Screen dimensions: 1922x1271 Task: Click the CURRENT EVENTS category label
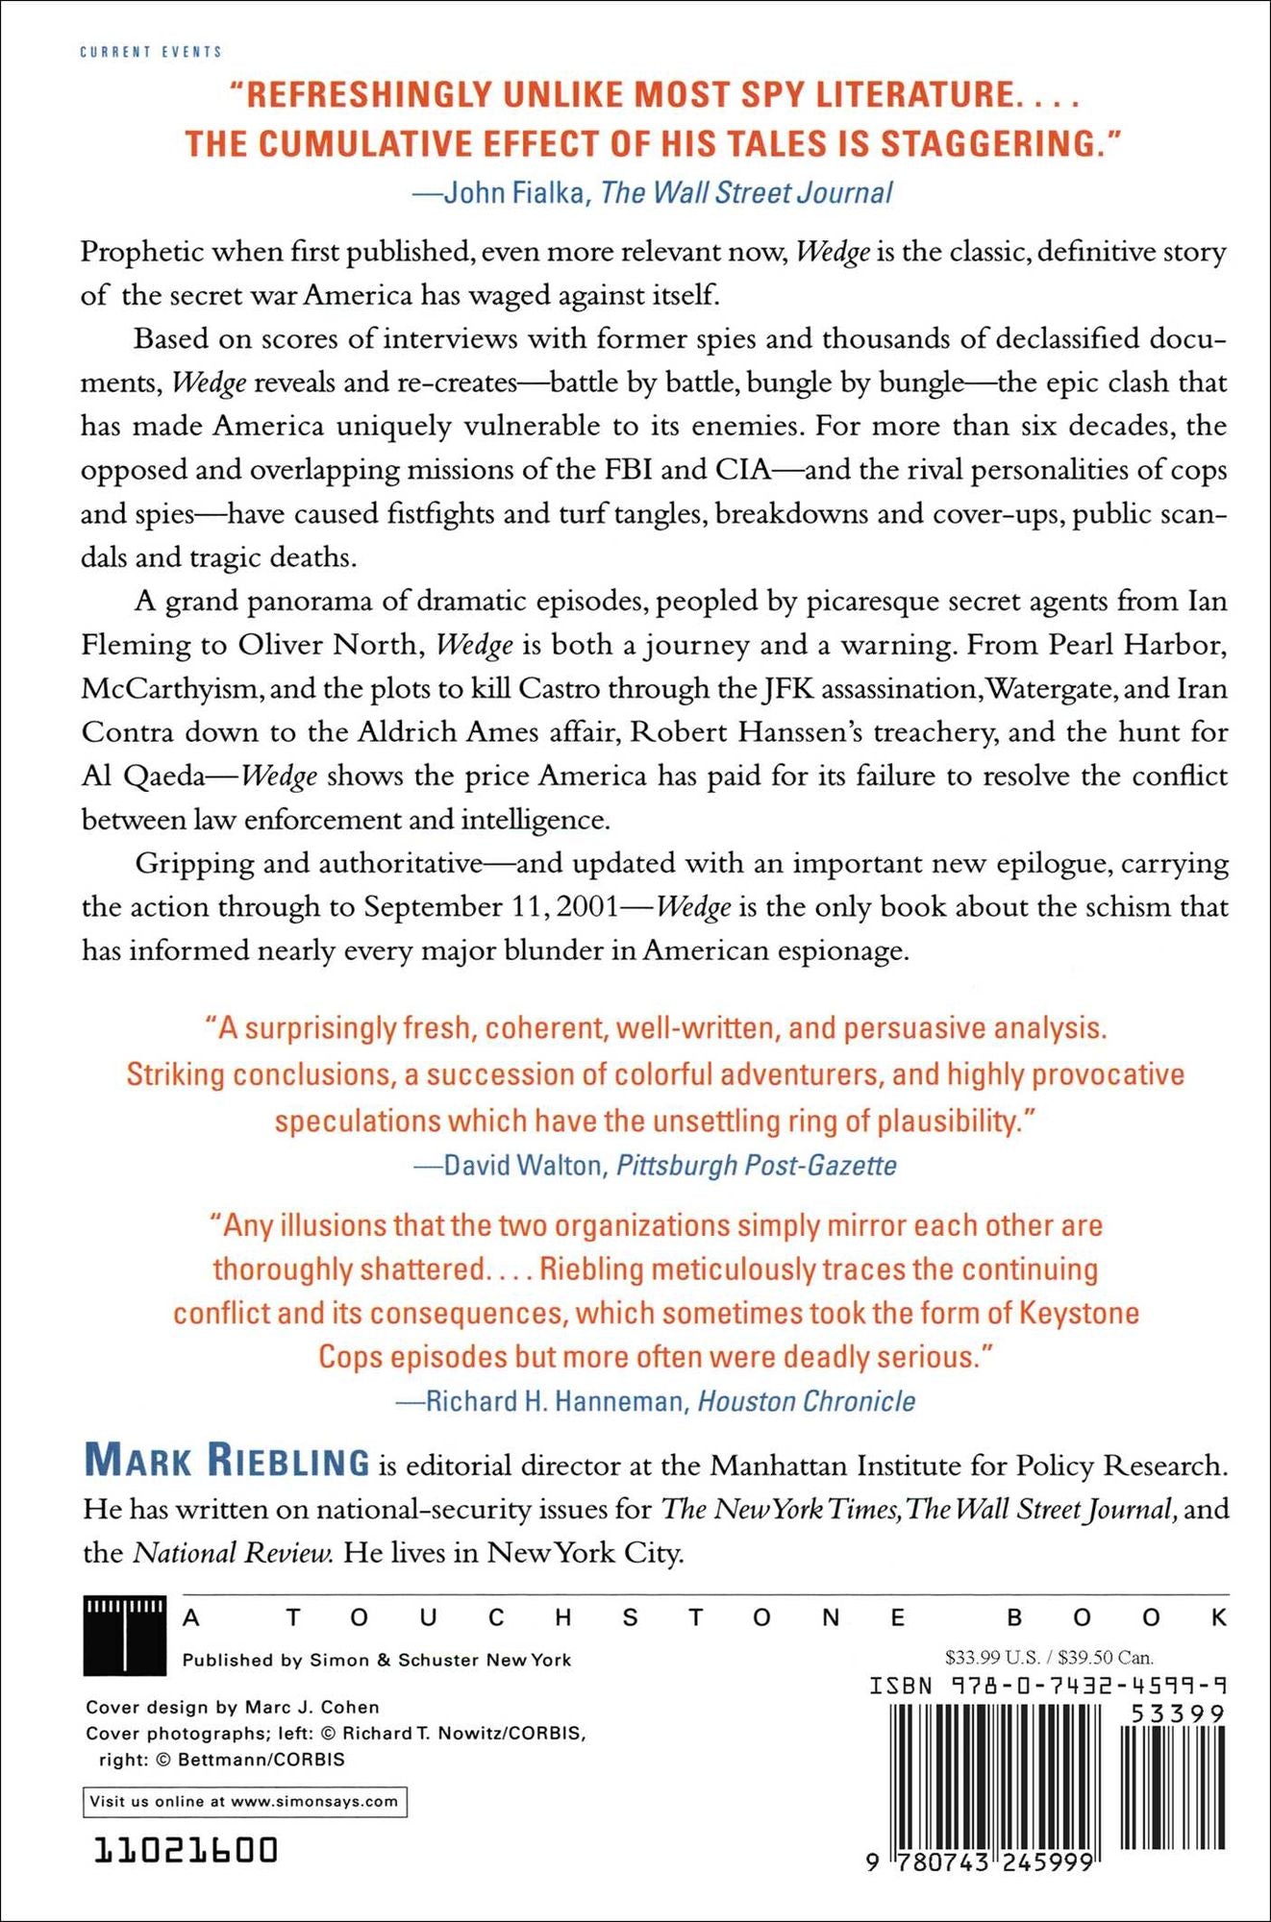[x=151, y=52]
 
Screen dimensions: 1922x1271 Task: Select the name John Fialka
[x=513, y=193]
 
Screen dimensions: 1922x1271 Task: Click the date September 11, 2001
[x=491, y=907]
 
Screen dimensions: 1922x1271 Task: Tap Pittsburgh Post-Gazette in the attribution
[x=756, y=1166]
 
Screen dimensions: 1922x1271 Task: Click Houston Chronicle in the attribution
[x=806, y=1401]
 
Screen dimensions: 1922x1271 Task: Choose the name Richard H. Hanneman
[x=554, y=1401]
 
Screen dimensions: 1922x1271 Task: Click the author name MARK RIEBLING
[x=227, y=1462]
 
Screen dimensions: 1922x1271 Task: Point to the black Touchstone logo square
[x=124, y=1636]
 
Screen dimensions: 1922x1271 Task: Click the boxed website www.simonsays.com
[x=314, y=1802]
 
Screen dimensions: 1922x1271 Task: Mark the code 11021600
[x=186, y=1850]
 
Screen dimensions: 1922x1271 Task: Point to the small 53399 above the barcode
[x=1177, y=1714]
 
